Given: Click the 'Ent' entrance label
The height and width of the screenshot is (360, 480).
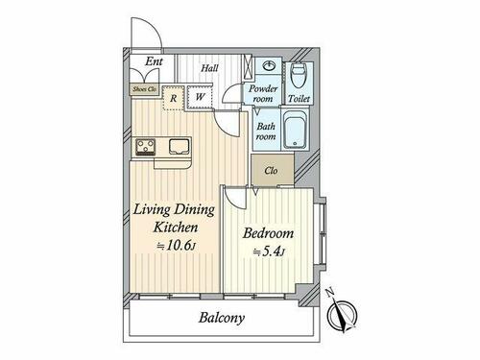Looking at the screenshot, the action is click(154, 61).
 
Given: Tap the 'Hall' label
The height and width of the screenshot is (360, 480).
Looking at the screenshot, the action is click(209, 68).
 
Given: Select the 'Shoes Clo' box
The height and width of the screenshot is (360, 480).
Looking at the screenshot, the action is click(144, 89).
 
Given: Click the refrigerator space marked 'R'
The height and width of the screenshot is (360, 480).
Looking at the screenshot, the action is click(173, 98).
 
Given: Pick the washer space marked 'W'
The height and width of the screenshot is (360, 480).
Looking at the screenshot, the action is click(200, 96).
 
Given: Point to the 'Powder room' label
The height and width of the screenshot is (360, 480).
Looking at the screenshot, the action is click(263, 93).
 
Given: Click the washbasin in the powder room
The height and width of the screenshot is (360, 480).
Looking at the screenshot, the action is click(269, 66).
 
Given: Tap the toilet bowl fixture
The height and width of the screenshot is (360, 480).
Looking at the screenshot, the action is click(299, 75).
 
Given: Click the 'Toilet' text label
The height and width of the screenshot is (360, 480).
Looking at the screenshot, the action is click(299, 99).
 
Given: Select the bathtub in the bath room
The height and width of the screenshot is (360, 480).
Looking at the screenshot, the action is click(296, 129).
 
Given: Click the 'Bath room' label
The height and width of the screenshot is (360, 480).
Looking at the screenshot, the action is click(266, 132).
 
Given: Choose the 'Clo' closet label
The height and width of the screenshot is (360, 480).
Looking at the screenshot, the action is click(271, 171).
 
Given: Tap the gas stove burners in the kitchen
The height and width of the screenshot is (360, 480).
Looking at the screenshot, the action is click(146, 147).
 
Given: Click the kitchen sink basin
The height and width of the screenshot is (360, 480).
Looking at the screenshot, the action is click(180, 147).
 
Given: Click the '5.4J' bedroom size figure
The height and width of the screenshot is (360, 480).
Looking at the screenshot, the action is click(269, 252).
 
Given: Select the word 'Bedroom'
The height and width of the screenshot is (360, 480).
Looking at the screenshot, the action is click(268, 233).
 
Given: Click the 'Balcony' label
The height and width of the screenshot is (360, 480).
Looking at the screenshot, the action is click(222, 318).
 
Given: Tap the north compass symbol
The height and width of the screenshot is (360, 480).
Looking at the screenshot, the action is click(342, 315).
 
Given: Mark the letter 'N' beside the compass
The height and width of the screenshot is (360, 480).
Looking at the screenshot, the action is click(330, 293).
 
